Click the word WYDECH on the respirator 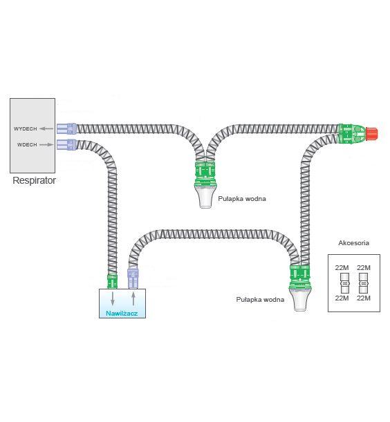[26, 128]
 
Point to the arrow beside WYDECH [47, 128]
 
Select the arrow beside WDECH [47, 144]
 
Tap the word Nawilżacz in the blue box [121, 314]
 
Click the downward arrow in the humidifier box [113, 298]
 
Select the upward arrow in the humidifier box [133, 298]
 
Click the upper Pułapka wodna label [241, 199]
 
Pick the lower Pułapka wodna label [260, 299]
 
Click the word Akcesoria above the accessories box [353, 243]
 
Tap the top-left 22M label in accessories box [342, 267]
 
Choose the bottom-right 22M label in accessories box [364, 298]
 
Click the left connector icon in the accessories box [342, 282]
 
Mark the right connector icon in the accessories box [364, 282]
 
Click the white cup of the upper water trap [206, 198]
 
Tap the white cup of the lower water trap [299, 300]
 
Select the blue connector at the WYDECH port [67, 128]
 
